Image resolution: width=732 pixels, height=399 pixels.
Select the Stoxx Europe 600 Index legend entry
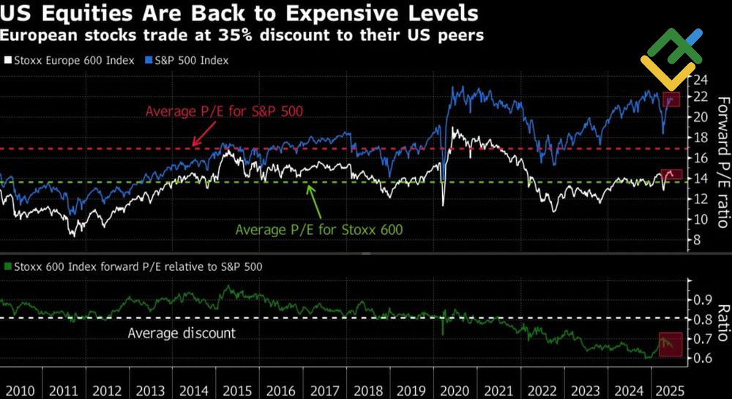point(70,60)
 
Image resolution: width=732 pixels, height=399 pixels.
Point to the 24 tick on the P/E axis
point(701,78)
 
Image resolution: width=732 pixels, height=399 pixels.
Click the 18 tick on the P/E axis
point(701,138)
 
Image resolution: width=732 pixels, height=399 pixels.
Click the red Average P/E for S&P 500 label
point(224,111)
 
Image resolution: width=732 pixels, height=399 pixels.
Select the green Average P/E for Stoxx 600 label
point(319,229)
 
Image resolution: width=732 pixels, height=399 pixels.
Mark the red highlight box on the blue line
point(671,100)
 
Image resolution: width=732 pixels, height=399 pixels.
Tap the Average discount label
point(182,333)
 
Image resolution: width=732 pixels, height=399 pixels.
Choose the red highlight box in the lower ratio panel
point(671,344)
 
